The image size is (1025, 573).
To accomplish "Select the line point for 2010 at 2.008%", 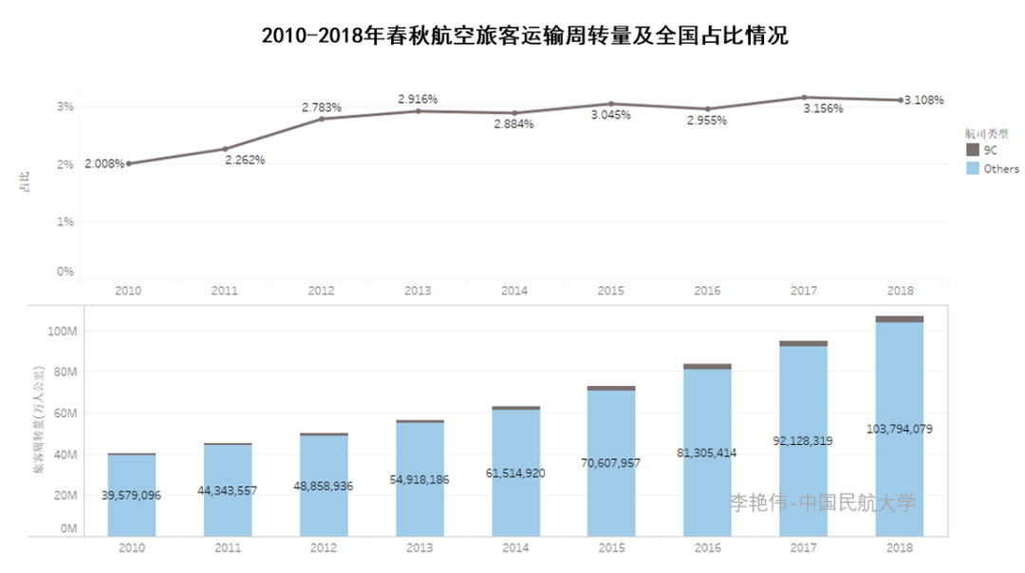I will pyautogui.click(x=129, y=163).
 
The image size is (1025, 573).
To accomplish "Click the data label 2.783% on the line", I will pyautogui.click(x=322, y=107).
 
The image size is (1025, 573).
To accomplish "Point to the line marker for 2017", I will pyautogui.click(x=804, y=97).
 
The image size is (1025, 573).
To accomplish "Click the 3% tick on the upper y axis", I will pyautogui.click(x=65, y=106).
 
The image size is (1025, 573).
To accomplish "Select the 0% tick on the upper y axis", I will pyautogui.click(x=65, y=271).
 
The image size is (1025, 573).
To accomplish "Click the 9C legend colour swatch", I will pyautogui.click(x=972, y=150).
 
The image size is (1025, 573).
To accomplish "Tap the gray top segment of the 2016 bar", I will pyautogui.click(x=707, y=366).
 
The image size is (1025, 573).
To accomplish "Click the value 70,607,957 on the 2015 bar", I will pyautogui.click(x=611, y=464).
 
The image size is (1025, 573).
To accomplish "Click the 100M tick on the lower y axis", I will pyautogui.click(x=61, y=331).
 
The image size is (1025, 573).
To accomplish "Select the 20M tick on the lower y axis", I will pyautogui.click(x=63, y=495).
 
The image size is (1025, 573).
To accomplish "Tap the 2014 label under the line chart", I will pyautogui.click(x=514, y=291).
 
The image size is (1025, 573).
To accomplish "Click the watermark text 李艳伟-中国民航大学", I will pyautogui.click(x=823, y=503).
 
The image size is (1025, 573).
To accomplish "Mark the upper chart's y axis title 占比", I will pyautogui.click(x=25, y=182).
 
